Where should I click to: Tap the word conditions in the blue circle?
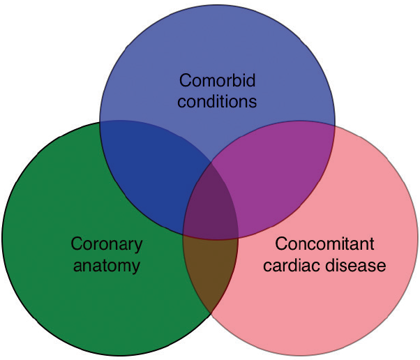click(217, 101)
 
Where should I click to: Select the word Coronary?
click(107, 244)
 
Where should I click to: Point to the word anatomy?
click(106, 266)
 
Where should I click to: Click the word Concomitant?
click(324, 244)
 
